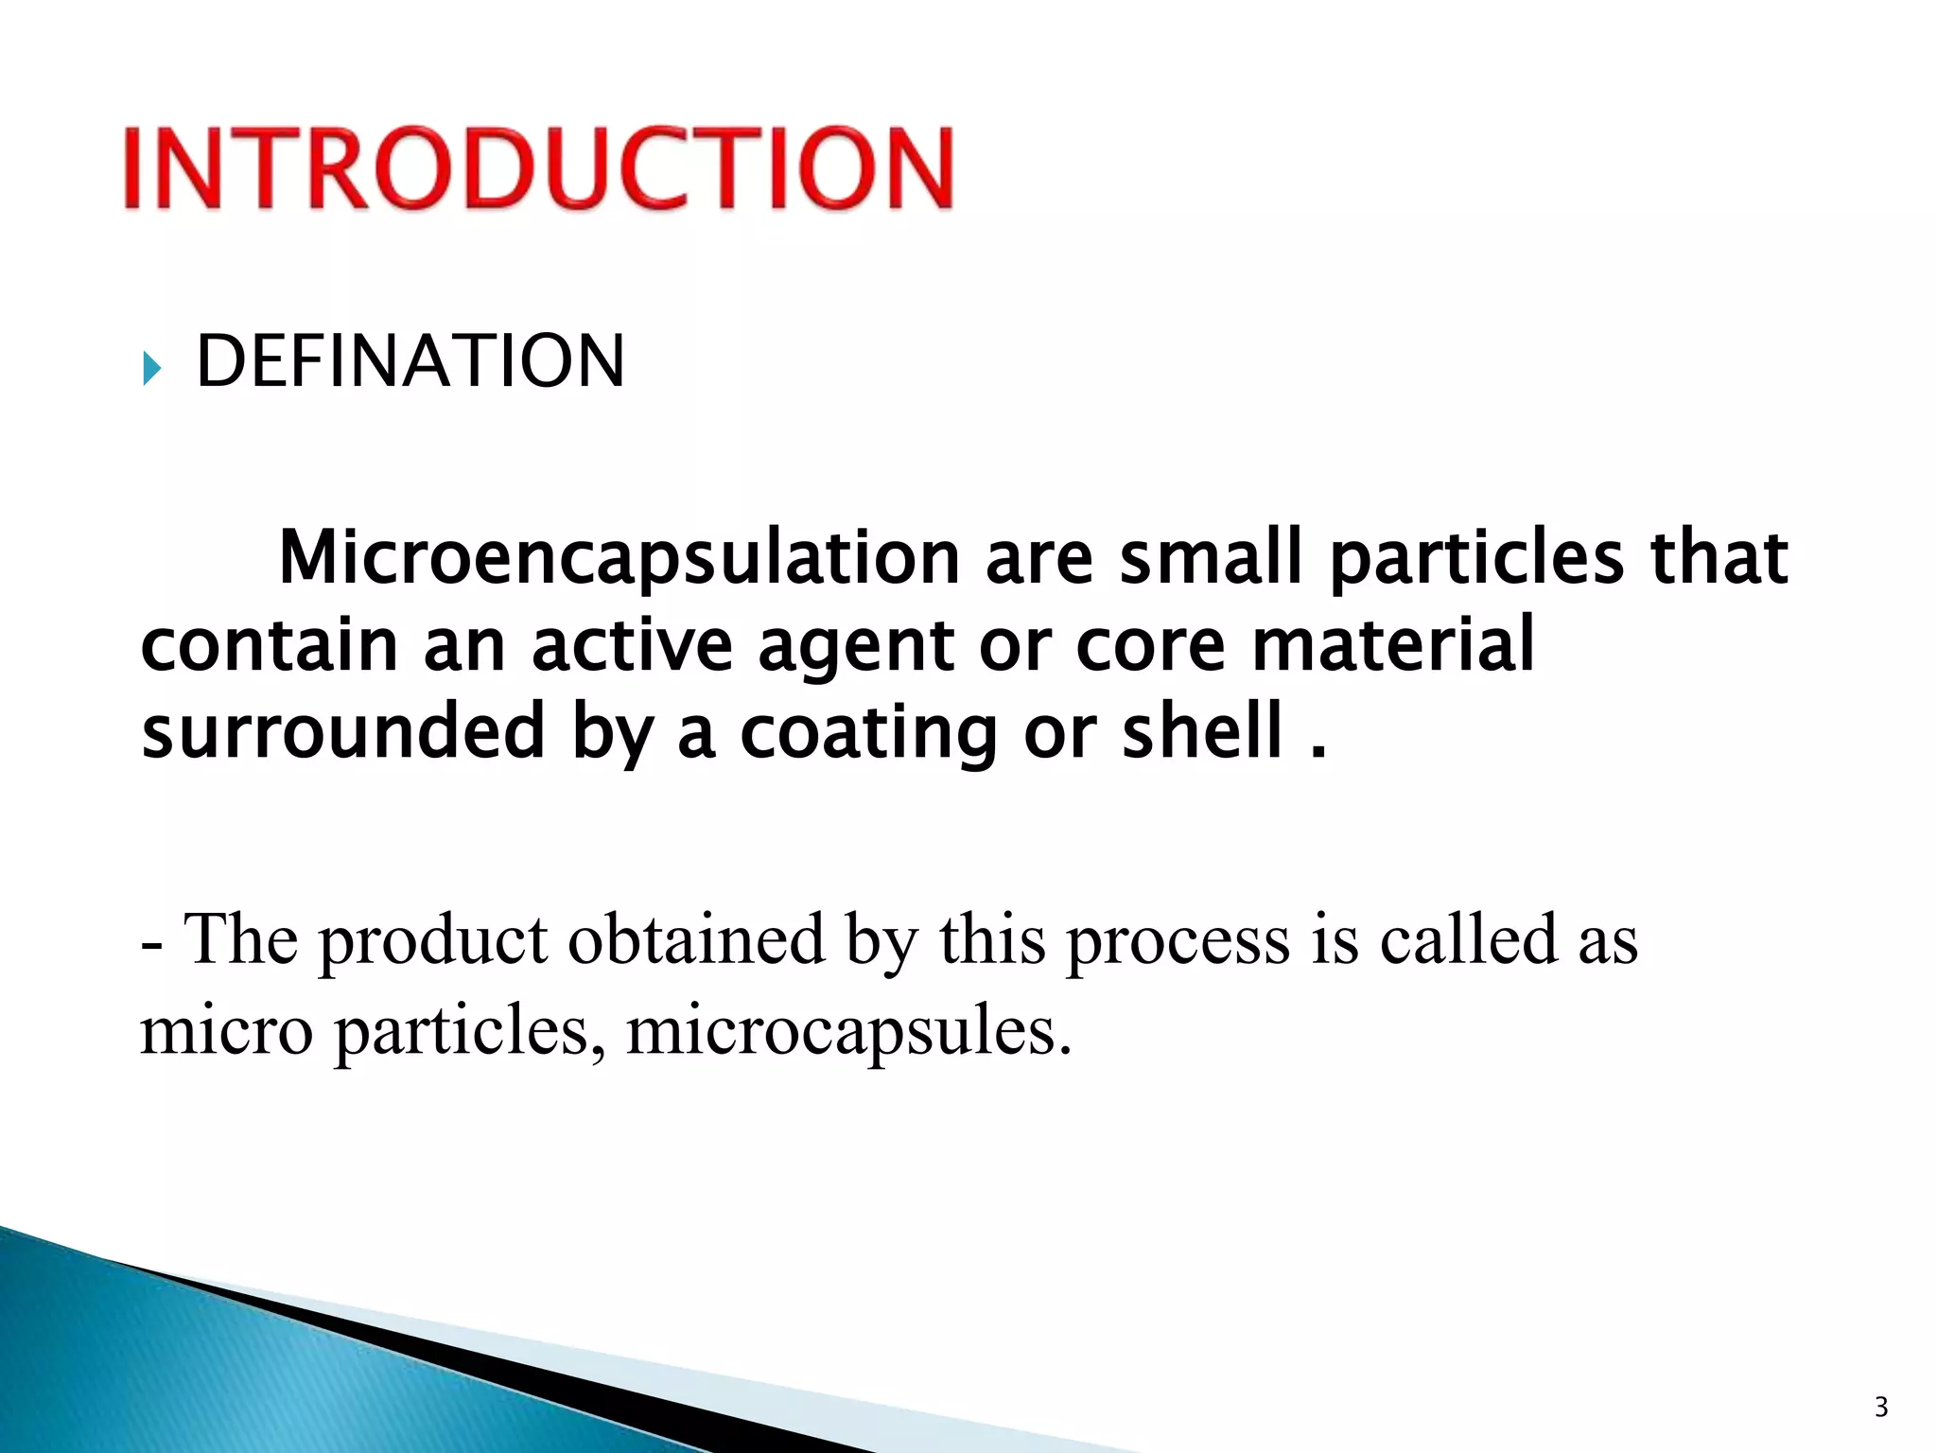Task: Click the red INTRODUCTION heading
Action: pyautogui.click(x=538, y=167)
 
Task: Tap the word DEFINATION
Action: pyautogui.click(x=410, y=361)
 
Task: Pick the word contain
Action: pyautogui.click(x=269, y=646)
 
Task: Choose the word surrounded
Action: pyautogui.click(x=343, y=731)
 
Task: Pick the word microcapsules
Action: pyautogui.click(x=848, y=1031)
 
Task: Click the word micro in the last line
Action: pyautogui.click(x=227, y=1031)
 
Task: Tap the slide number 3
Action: pyautogui.click(x=1881, y=1407)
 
